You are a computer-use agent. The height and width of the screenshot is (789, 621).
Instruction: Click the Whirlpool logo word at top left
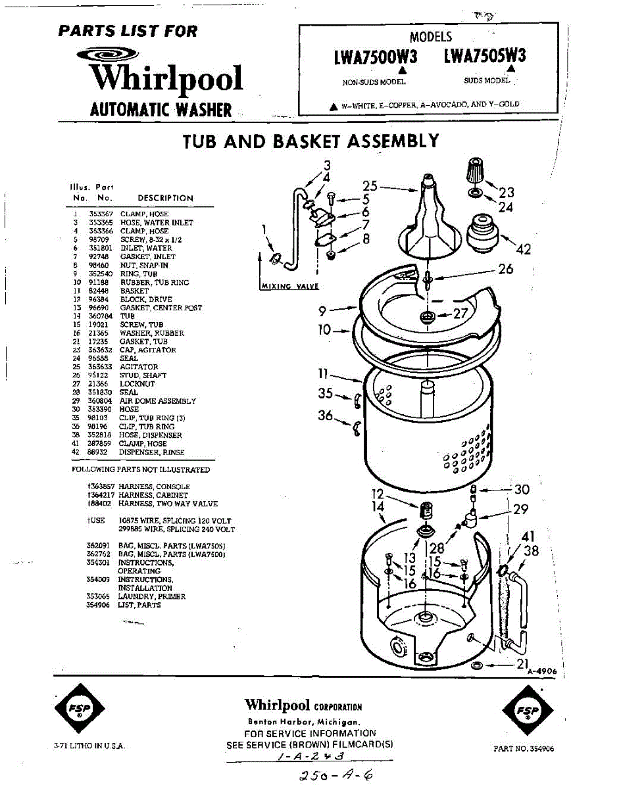pos(166,78)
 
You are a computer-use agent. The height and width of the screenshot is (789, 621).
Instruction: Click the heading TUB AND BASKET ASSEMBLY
pos(310,141)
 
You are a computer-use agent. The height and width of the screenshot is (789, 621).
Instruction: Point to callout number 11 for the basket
pos(324,373)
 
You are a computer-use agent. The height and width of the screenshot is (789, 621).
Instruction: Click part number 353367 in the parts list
pos(101,214)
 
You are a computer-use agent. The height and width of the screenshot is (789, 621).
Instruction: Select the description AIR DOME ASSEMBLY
pos(157,401)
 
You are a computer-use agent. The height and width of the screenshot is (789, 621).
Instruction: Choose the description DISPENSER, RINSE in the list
pos(152,452)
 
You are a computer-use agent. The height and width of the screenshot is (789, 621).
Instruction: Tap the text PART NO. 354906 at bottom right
pos(524,749)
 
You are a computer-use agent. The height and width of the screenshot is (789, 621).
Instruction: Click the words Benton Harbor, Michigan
pos(303,722)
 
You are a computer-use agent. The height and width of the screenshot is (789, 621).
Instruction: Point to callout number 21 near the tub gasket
pos(522,664)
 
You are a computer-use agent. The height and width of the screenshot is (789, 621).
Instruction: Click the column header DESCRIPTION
pos(165,198)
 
